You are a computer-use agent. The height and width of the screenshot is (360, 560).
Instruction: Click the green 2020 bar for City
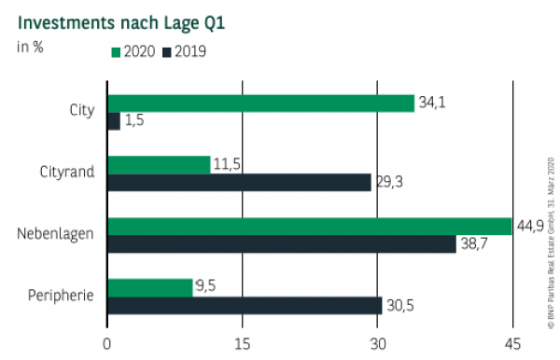click(260, 103)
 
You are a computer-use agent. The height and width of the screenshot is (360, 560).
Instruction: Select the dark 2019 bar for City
click(114, 121)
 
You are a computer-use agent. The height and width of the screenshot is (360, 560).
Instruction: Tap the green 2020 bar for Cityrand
click(159, 164)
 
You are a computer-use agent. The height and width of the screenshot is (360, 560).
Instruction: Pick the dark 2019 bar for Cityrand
click(239, 183)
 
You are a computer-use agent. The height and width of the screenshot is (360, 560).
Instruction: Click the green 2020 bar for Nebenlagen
click(309, 226)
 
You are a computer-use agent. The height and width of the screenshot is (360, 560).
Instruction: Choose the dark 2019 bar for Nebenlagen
click(281, 244)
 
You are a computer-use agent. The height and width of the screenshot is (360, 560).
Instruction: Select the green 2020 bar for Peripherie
click(149, 287)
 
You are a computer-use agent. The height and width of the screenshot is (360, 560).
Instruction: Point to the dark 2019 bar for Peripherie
click(245, 306)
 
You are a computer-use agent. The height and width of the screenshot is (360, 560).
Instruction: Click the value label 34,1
click(430, 103)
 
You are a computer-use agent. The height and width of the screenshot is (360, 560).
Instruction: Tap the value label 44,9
click(529, 226)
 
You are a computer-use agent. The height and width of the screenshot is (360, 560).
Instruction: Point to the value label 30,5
click(399, 306)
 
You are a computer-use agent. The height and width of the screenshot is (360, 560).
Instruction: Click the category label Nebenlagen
click(55, 235)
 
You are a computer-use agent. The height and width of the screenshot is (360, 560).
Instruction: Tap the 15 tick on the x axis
click(243, 342)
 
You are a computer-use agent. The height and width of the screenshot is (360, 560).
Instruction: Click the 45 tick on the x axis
click(511, 342)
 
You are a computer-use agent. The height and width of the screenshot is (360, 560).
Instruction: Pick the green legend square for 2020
click(116, 51)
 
